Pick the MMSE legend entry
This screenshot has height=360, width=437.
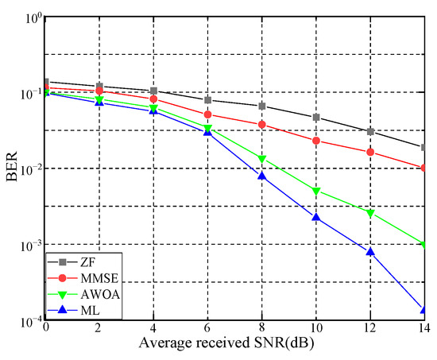coord(81,281)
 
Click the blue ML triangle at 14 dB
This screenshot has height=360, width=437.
coord(424,310)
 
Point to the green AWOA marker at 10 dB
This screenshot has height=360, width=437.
coord(316,191)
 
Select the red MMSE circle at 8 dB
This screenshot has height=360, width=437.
coord(261,125)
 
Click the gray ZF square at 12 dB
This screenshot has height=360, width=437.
coord(370,131)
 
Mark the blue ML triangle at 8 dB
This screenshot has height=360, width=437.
coord(261,176)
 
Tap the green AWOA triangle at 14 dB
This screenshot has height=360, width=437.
coord(424,245)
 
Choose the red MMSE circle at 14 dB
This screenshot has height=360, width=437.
coord(424,168)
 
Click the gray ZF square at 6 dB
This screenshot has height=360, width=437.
coord(207,100)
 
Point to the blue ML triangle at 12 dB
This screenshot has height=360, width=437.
coord(370,252)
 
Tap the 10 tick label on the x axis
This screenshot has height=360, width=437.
coord(316,328)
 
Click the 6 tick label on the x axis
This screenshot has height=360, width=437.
coord(207,328)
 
